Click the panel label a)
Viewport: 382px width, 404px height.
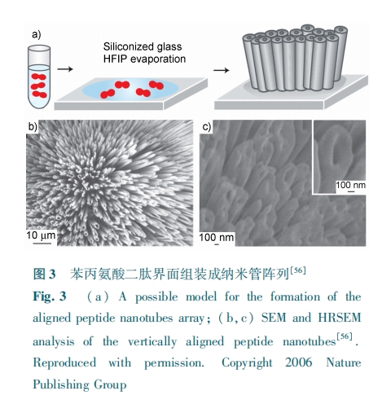click(37, 34)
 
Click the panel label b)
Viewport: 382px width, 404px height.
click(33, 126)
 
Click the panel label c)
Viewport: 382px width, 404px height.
click(207, 127)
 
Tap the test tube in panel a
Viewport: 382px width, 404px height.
click(39, 77)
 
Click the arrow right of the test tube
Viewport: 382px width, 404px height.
click(65, 69)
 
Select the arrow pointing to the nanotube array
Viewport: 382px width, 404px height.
click(221, 70)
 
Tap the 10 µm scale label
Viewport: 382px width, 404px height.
click(41, 235)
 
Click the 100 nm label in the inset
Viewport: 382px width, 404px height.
click(350, 185)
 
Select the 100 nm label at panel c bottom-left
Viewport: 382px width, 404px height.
click(217, 237)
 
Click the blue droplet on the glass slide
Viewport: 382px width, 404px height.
click(130, 89)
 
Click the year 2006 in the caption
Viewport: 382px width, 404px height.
click(299, 362)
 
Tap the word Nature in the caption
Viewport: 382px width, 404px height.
click(344, 362)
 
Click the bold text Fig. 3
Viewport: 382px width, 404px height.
click(50, 296)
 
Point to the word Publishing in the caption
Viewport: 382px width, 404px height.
click(60, 385)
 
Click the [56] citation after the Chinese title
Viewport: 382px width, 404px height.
click(298, 270)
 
